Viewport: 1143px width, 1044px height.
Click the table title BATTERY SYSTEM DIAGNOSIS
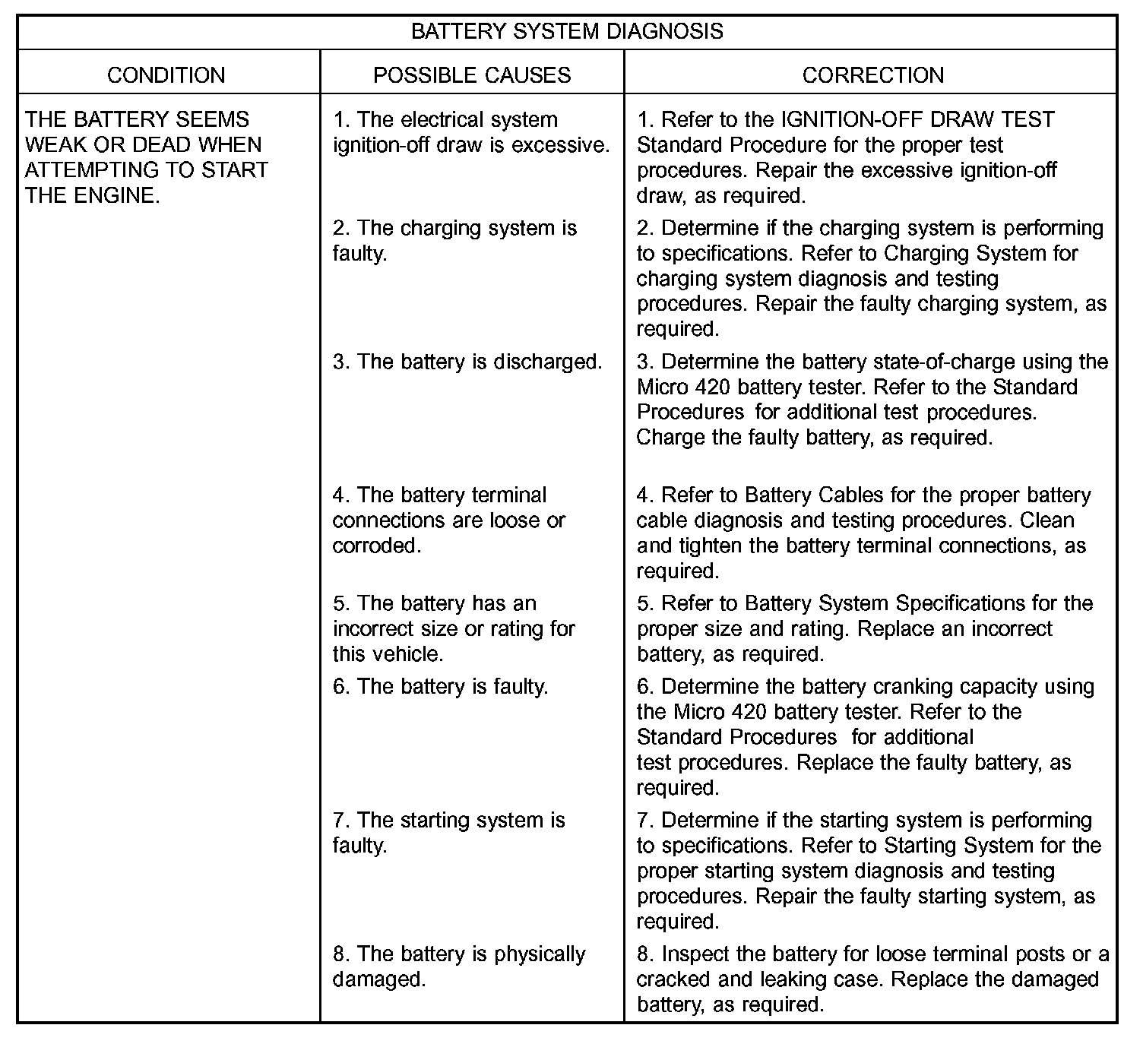(x=567, y=31)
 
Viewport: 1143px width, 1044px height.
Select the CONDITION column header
(x=166, y=75)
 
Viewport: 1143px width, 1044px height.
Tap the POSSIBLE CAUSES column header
(x=472, y=75)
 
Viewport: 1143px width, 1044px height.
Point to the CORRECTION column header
(x=873, y=75)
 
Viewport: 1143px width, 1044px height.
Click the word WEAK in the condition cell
(x=56, y=145)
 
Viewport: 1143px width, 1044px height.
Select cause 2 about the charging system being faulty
(x=454, y=240)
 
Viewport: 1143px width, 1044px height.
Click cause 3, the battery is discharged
(x=467, y=362)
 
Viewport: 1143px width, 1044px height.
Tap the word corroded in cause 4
(x=376, y=546)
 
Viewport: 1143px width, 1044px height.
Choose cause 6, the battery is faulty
(x=441, y=687)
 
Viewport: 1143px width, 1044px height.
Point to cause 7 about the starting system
(x=448, y=833)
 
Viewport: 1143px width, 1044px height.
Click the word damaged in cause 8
(x=378, y=979)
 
